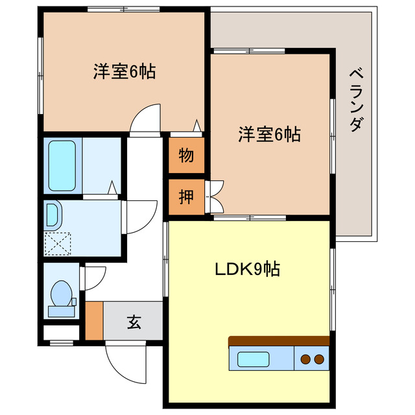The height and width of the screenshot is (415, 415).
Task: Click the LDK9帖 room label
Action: (x=248, y=269)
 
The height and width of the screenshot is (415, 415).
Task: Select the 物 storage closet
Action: (x=186, y=156)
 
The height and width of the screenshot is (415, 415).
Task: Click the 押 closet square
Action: (x=186, y=196)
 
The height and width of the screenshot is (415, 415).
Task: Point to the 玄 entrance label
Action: (x=134, y=321)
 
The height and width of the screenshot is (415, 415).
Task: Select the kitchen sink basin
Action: (x=253, y=359)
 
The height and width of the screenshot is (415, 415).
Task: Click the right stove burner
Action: (x=318, y=359)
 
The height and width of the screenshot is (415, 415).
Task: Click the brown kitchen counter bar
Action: (x=279, y=341)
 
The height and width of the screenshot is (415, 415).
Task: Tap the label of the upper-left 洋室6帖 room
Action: (x=124, y=72)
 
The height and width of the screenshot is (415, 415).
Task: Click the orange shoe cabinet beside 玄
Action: (x=94, y=321)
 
